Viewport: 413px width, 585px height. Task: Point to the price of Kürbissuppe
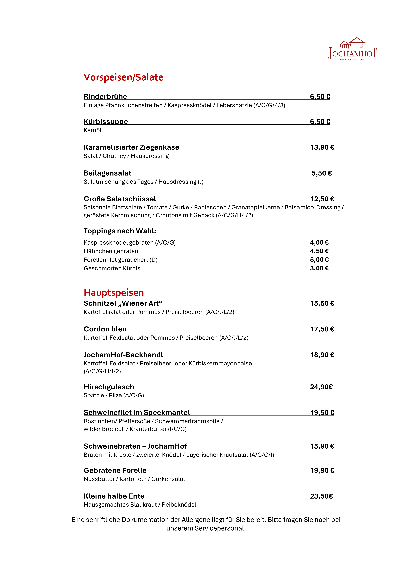pyautogui.click(x=320, y=122)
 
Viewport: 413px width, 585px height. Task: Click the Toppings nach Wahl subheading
pyautogui.click(x=120, y=231)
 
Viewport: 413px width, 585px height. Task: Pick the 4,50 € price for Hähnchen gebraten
pyautogui.click(x=319, y=251)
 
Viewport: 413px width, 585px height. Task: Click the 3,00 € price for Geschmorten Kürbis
pyautogui.click(x=319, y=268)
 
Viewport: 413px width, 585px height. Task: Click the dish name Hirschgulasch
pyautogui.click(x=109, y=387)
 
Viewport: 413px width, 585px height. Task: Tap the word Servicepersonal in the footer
pyautogui.click(x=220, y=528)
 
